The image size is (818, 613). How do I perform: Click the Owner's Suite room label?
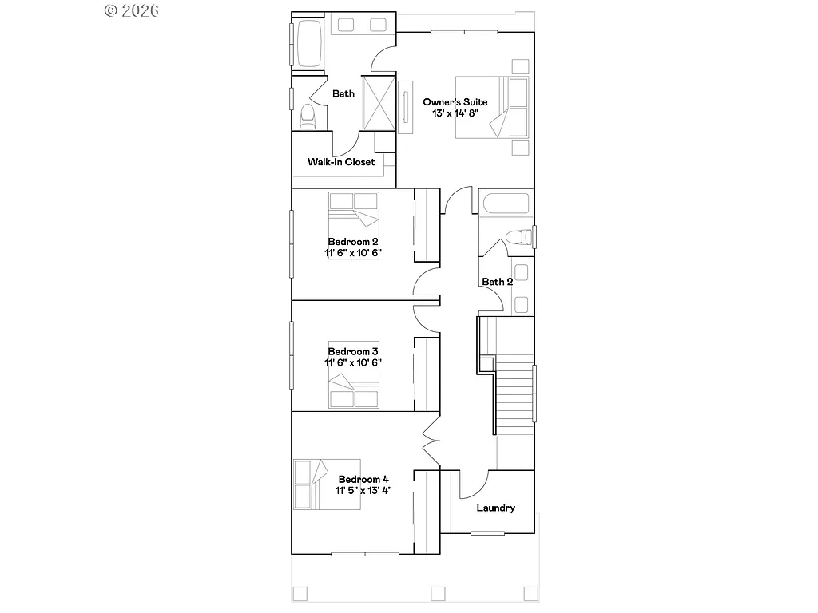(x=455, y=102)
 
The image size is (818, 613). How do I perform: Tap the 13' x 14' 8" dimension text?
(x=455, y=114)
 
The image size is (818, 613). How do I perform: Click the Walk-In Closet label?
(x=341, y=162)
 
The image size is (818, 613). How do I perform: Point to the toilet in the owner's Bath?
(x=308, y=117)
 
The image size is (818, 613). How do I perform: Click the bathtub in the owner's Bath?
(x=309, y=45)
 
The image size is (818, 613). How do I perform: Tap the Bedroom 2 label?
(x=352, y=242)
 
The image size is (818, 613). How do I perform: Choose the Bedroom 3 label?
(x=352, y=351)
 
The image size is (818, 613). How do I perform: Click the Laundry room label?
(x=495, y=508)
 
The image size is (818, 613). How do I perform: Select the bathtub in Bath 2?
(x=505, y=204)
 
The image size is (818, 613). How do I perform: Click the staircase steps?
(x=515, y=395)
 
